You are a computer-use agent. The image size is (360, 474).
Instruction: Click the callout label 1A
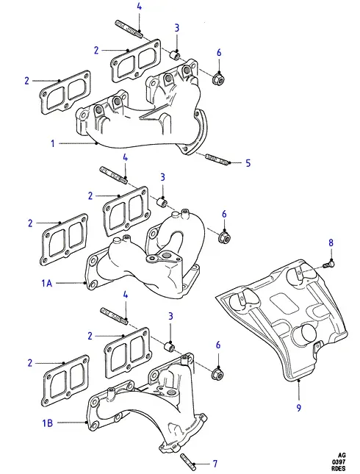pyautogui.click(x=46, y=283)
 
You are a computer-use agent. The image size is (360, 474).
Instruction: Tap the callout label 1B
pyautogui.click(x=47, y=423)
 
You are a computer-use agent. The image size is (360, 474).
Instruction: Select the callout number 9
pyautogui.click(x=298, y=408)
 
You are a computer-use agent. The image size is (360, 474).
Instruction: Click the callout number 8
pyautogui.click(x=331, y=243)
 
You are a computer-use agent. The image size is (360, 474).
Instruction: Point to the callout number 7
pyautogui.click(x=215, y=464)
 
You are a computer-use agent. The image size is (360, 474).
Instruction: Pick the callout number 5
pyautogui.click(x=248, y=163)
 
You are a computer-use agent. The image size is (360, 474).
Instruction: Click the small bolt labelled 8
pyautogui.click(x=328, y=265)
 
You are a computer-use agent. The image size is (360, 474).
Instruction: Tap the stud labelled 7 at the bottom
pyautogui.click(x=187, y=462)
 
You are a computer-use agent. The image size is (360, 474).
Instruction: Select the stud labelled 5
pyautogui.click(x=217, y=159)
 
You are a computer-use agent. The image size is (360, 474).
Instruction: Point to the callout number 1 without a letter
pyautogui.click(x=53, y=143)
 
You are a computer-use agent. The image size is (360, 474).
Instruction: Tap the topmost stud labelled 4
pyautogui.click(x=129, y=29)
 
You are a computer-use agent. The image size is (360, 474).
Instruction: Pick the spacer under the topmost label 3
pyautogui.click(x=175, y=56)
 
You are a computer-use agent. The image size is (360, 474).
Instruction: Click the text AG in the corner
pyautogui.click(x=342, y=455)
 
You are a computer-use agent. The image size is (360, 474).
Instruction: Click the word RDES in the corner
pyautogui.click(x=339, y=469)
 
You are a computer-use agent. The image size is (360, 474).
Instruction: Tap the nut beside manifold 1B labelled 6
pyautogui.click(x=218, y=373)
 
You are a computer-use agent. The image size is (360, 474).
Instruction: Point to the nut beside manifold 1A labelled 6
pyautogui.click(x=224, y=237)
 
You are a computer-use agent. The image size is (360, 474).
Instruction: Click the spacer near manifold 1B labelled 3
pyautogui.click(x=169, y=347)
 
